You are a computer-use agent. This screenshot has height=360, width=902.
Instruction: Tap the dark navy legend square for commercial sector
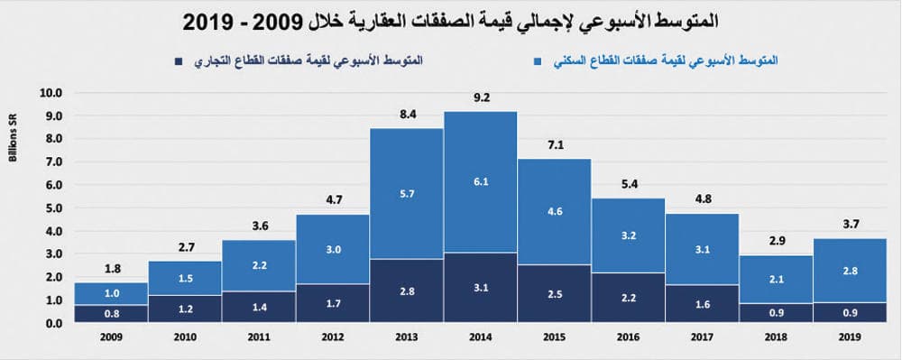(x=178, y=60)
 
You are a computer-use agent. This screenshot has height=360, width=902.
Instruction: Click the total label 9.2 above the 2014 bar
(x=480, y=96)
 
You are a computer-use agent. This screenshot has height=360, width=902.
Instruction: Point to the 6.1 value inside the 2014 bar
(x=480, y=181)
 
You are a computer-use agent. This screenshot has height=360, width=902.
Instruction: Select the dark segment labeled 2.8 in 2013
(x=407, y=291)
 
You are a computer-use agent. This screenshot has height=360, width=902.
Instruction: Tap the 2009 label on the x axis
(x=112, y=337)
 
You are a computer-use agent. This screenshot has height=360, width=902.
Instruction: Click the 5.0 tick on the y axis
(x=51, y=208)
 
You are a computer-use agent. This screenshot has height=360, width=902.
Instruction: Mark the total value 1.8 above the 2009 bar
(x=112, y=267)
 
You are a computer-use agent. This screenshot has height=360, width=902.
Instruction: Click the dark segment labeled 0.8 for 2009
(x=112, y=313)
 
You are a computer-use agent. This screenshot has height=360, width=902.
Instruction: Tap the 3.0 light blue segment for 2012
(x=333, y=248)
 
